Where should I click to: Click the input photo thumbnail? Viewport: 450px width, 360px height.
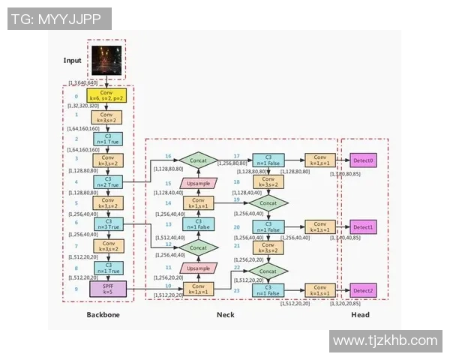point(107,60)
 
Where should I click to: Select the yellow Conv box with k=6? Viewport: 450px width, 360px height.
point(106,97)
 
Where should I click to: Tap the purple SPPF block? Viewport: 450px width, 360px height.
point(106,288)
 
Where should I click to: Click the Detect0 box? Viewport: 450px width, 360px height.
point(363,160)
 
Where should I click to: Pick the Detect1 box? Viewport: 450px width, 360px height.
point(363,226)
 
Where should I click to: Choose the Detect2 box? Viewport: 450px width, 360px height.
point(363,290)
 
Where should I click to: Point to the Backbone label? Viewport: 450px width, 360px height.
point(102,315)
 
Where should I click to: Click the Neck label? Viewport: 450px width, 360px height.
point(225,315)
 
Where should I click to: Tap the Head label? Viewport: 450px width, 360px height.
point(360,315)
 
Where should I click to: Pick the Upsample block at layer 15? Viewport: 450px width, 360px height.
point(198,182)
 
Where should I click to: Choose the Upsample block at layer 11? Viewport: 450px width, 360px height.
point(198,268)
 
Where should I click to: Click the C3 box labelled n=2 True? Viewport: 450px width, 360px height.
point(106,182)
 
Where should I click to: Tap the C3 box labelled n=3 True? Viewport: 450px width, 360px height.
point(106,224)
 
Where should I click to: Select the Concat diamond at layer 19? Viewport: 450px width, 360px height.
point(268,202)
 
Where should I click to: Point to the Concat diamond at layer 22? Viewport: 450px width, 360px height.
point(268,268)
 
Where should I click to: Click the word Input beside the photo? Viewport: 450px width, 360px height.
point(73,60)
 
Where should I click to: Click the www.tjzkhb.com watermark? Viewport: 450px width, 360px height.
point(385,340)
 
